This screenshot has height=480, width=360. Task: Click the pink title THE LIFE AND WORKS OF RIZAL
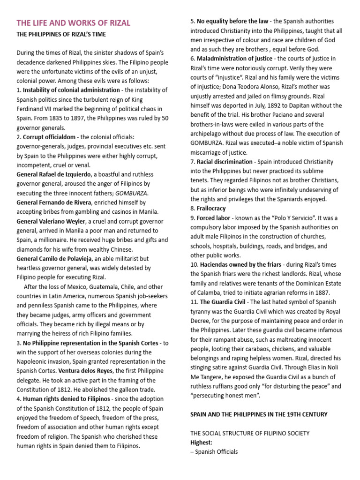(73, 23)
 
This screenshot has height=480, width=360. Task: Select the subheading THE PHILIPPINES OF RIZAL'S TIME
(61, 35)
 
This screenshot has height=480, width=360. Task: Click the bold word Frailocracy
(211, 208)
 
